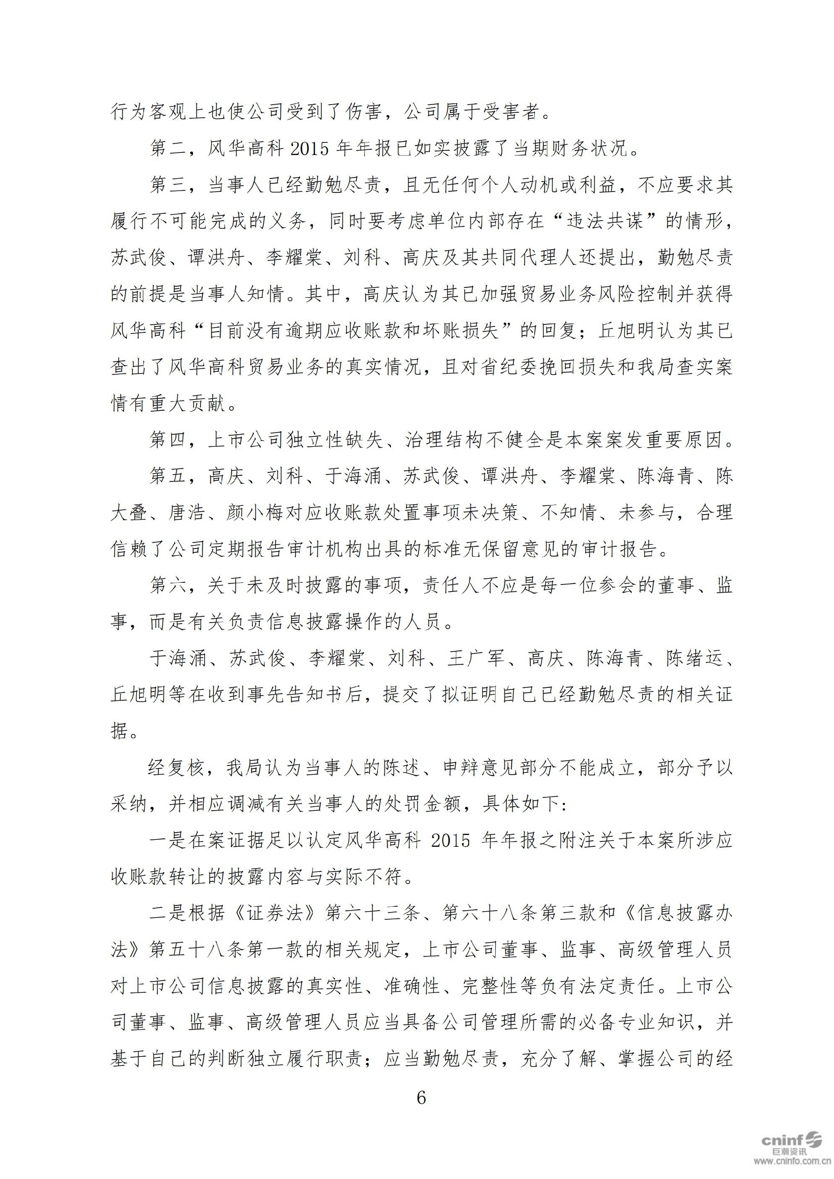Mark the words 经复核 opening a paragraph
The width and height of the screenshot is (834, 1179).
click(x=178, y=768)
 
